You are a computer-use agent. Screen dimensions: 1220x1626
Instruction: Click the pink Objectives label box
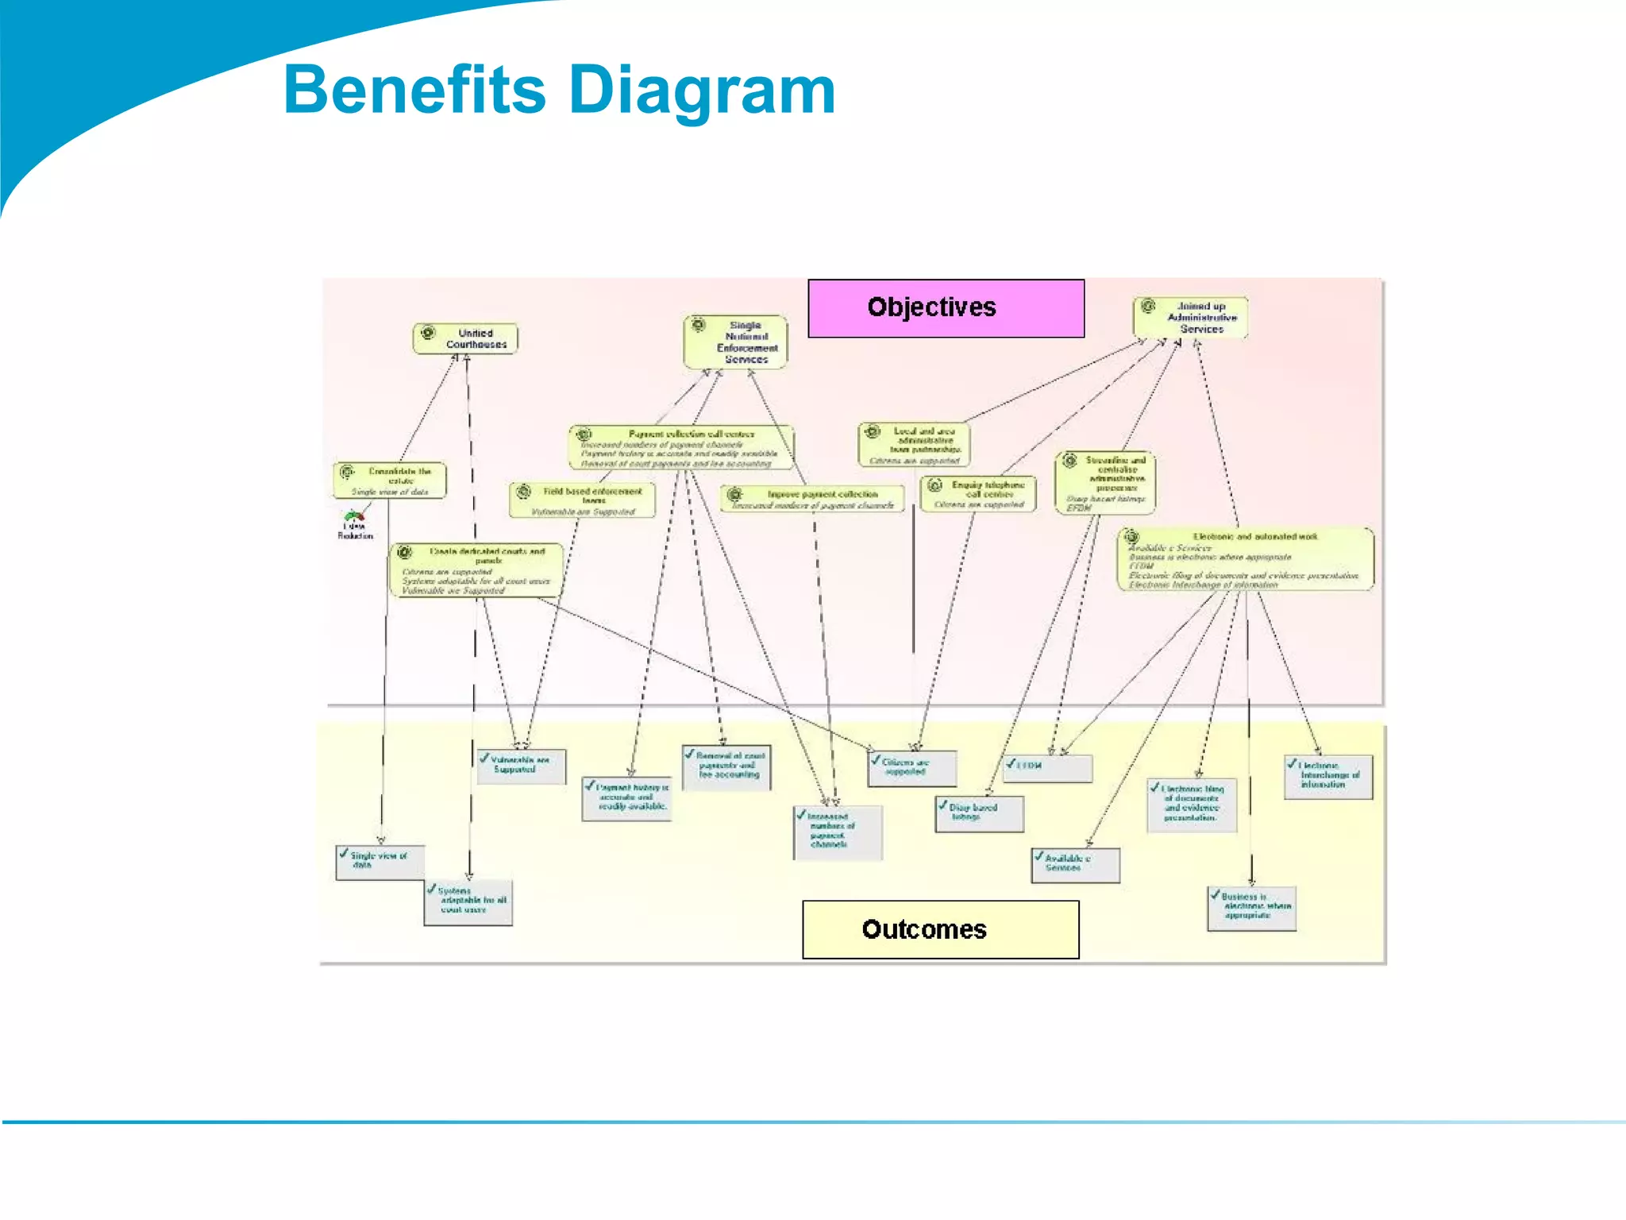point(946,308)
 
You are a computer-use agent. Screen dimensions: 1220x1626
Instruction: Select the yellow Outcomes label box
point(940,929)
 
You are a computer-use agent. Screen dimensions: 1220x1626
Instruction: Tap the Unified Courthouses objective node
point(466,339)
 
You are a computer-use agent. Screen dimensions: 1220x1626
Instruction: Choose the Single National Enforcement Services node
point(736,342)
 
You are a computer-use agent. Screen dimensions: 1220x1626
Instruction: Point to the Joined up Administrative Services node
point(1190,318)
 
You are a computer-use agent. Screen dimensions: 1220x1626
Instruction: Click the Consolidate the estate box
point(390,481)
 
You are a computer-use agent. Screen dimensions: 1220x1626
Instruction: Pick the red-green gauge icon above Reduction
point(354,515)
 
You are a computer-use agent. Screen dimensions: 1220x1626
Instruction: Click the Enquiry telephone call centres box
point(978,494)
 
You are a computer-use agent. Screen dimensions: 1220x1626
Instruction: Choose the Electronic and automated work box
point(1245,560)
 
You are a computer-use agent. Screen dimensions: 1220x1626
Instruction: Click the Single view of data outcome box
point(380,862)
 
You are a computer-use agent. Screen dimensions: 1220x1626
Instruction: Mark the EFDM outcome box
point(1047,767)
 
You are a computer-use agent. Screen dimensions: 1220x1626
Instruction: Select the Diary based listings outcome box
point(980,814)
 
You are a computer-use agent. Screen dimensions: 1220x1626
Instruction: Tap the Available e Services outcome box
point(1076,865)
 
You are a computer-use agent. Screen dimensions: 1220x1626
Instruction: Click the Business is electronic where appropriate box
point(1252,908)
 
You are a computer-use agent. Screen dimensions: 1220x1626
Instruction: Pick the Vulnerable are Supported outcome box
point(522,766)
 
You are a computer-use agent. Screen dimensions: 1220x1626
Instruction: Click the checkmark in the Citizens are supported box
point(876,760)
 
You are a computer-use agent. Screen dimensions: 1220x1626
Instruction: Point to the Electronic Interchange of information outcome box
point(1328,776)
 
